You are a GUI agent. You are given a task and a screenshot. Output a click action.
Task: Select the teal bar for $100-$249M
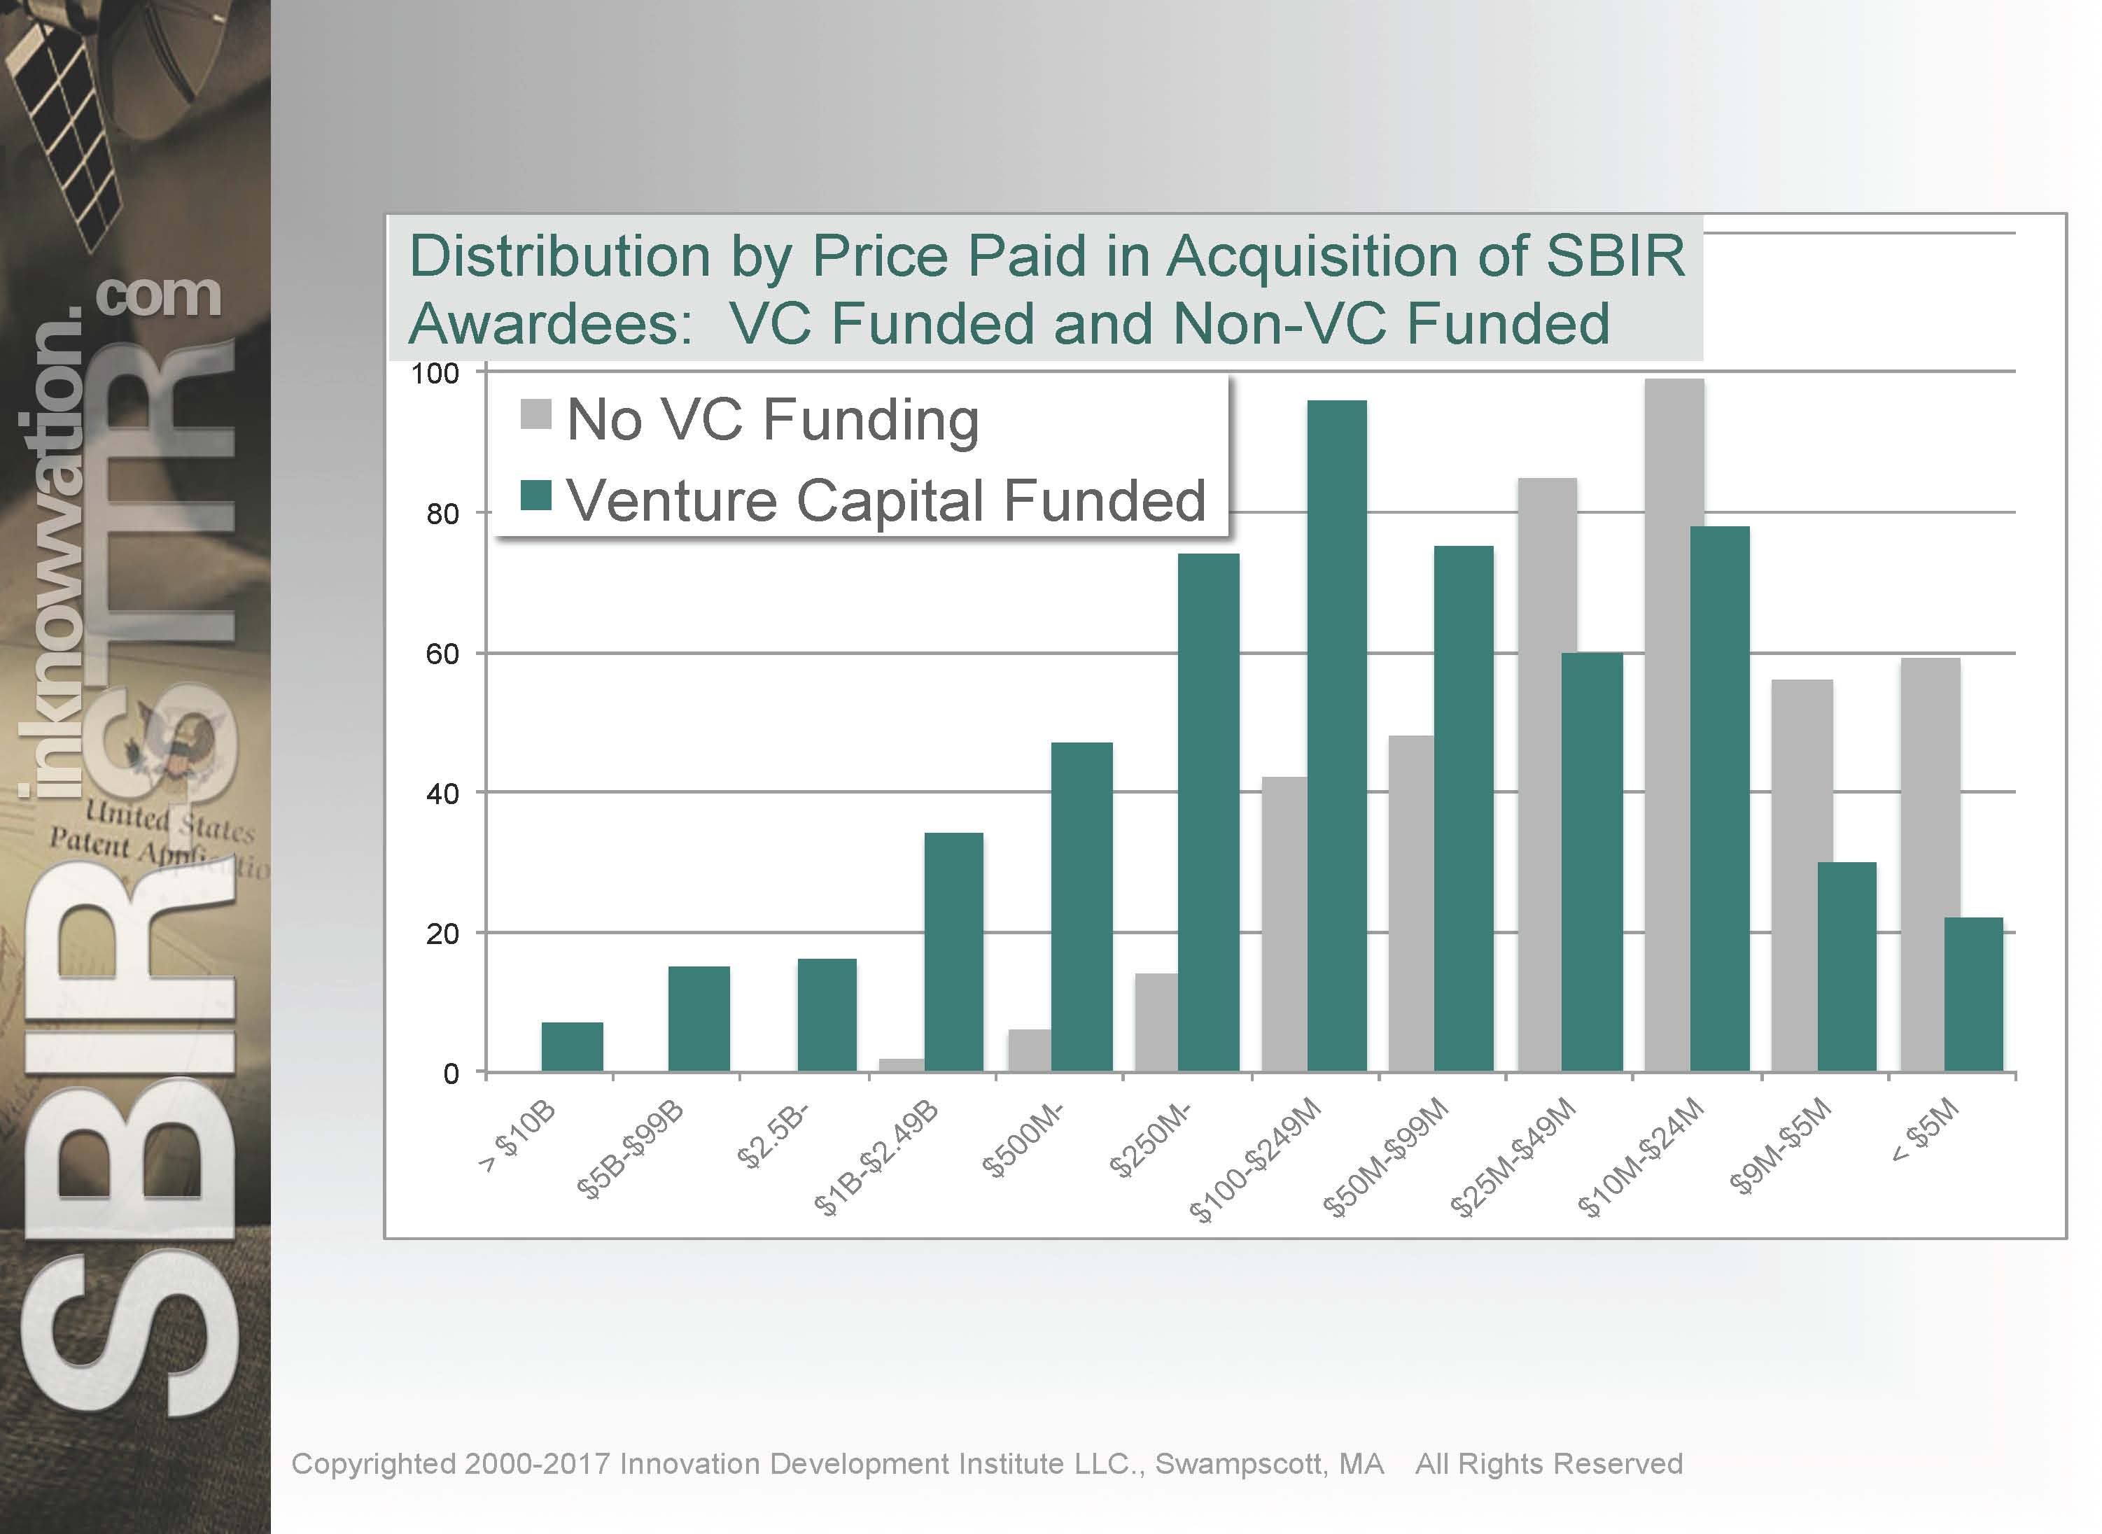(x=1337, y=736)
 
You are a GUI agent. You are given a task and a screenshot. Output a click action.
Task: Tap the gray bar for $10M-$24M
(x=1674, y=724)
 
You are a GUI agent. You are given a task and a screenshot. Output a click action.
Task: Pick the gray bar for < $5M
(x=1931, y=864)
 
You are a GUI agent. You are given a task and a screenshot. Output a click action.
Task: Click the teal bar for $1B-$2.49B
(x=954, y=952)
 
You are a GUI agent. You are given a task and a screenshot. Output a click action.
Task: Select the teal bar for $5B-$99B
(x=699, y=1019)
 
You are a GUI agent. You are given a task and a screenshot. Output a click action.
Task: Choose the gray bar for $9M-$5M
(x=1801, y=875)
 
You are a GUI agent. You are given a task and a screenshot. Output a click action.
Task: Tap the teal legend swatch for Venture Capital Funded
(x=537, y=496)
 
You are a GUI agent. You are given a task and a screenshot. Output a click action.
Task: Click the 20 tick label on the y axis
(x=443, y=934)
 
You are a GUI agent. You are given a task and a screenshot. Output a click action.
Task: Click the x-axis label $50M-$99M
(x=1386, y=1157)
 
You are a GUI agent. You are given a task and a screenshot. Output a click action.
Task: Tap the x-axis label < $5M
(x=1926, y=1130)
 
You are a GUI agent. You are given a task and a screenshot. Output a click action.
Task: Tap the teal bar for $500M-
(x=1081, y=906)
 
